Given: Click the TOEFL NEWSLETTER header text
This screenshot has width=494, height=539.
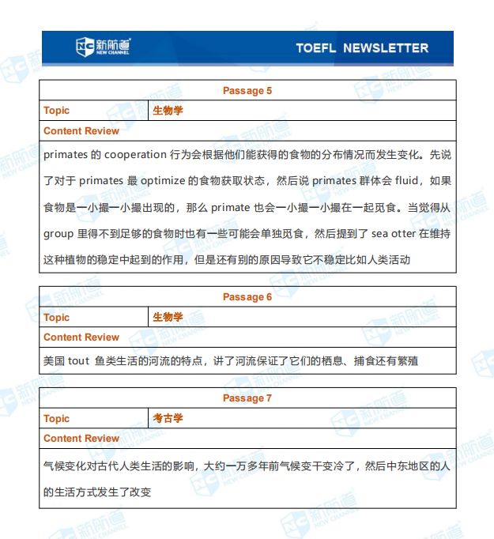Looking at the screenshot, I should (362, 48).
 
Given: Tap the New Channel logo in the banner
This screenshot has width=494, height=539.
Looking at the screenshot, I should (103, 47).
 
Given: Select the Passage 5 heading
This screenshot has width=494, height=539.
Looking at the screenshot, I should (247, 91).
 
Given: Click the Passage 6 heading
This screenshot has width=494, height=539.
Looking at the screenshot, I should (247, 297).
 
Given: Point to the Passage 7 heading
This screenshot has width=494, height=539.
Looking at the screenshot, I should (247, 398).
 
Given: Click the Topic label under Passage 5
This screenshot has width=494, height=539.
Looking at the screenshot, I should (57, 111).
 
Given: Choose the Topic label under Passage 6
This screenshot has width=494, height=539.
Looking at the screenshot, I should (57, 317).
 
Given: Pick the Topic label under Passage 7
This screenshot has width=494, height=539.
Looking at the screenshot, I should (57, 418).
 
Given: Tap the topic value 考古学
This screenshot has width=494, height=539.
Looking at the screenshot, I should (168, 418).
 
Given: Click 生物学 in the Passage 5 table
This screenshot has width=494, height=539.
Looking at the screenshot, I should (168, 111).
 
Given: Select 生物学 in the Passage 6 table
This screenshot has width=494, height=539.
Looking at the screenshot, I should (168, 317).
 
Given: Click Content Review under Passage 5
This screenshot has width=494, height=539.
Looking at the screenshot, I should (81, 131).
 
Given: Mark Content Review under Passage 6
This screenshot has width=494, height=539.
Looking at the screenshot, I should (81, 337).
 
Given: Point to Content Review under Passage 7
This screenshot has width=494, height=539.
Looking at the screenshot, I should (81, 439).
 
